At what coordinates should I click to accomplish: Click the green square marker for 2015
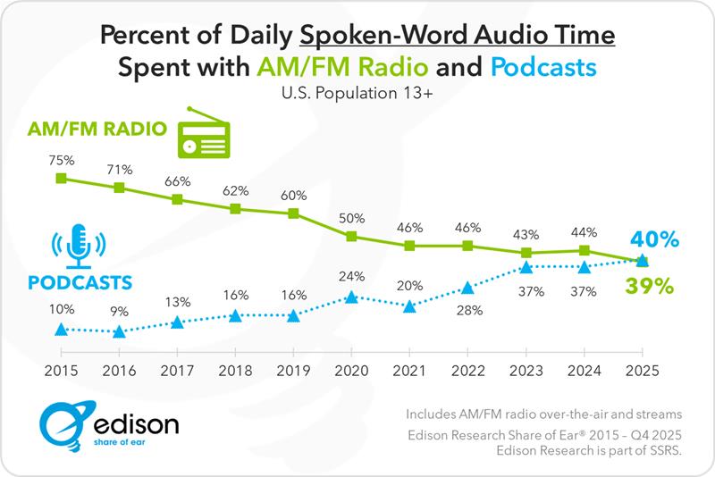pos(61,178)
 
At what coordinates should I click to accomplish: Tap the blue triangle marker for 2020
pos(351,297)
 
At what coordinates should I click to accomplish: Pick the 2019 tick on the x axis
pos(293,371)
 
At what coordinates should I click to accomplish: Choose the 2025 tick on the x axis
pos(642,371)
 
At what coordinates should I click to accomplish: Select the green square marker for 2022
pos(467,246)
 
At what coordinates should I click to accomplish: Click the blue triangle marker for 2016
pos(119,331)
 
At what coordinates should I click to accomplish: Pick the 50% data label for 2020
pos(351,218)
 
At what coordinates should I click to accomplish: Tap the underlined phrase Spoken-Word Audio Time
pos(458,36)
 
